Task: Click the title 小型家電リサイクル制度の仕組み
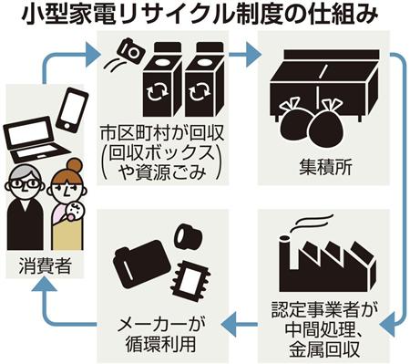tap(200, 15)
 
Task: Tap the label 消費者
tap(45, 265)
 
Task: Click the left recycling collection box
tap(162, 79)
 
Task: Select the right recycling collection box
tap(204, 79)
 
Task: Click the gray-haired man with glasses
tap(25, 207)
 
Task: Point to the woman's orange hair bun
tap(75, 166)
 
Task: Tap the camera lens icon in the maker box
tap(189, 235)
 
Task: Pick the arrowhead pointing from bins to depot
tap(253, 55)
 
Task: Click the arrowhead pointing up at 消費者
tap(45, 285)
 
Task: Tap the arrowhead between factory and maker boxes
tap(230, 325)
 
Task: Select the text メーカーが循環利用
tap(161, 335)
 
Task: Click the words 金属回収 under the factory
tap(324, 349)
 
